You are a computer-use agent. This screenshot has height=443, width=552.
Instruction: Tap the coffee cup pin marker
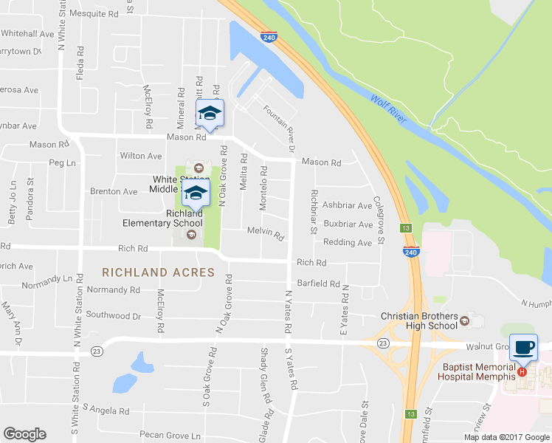click(523, 346)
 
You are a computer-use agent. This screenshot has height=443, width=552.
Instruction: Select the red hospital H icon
click(522, 371)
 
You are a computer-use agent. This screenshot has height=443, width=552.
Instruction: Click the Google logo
click(24, 434)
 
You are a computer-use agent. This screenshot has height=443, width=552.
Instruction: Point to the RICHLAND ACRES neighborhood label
click(159, 272)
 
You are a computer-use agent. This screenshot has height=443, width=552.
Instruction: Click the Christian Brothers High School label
click(418, 320)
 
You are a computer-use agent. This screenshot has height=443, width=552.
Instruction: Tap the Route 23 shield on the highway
click(382, 343)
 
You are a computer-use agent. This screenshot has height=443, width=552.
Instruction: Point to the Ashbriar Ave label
click(348, 206)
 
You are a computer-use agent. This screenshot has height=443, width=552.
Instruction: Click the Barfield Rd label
click(318, 283)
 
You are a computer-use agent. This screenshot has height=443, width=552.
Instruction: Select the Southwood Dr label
click(114, 315)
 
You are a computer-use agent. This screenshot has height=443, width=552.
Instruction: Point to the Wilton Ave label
click(141, 156)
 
